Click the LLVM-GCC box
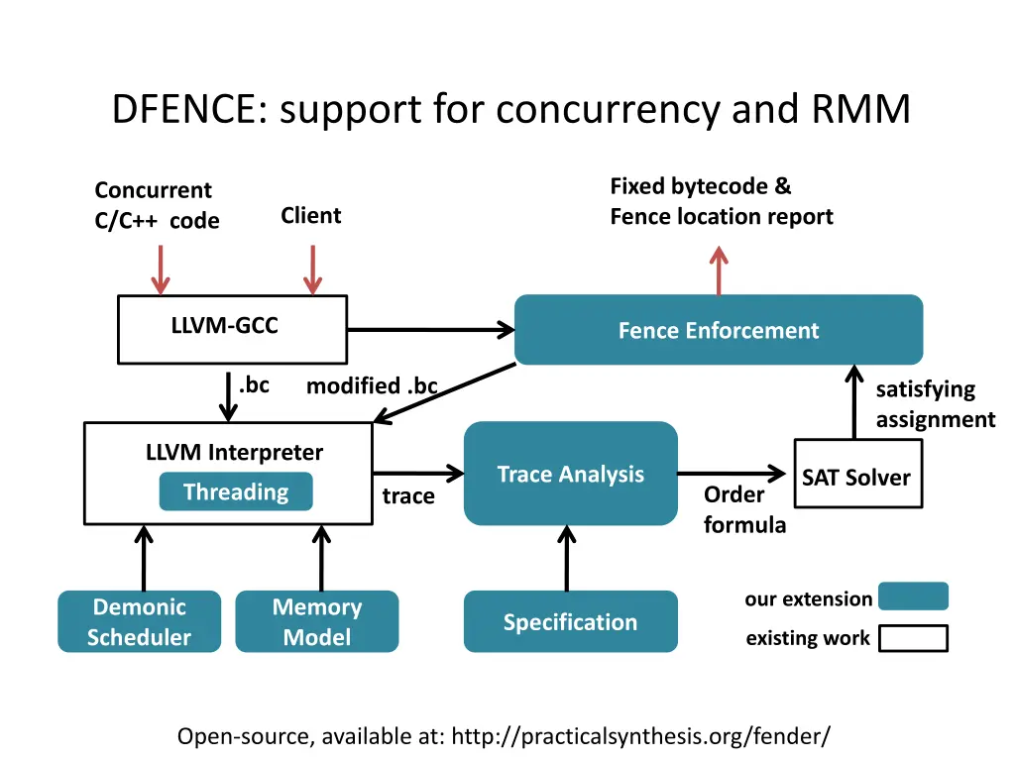(232, 329)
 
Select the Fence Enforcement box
(718, 330)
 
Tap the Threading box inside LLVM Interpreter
(235, 492)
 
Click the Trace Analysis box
(570, 474)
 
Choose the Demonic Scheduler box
(139, 621)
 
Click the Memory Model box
(316, 621)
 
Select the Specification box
(570, 621)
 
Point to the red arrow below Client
(312, 269)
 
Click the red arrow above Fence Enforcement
(719, 270)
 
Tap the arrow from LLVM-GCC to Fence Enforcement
(429, 330)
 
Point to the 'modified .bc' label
(372, 386)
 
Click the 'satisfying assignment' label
(934, 404)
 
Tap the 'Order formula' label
(743, 509)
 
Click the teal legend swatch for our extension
(913, 597)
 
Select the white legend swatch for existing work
(913, 638)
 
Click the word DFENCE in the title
(185, 110)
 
